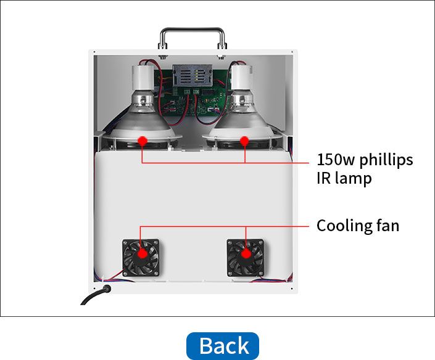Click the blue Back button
pyautogui.click(x=222, y=346)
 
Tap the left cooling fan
pyautogui.click(x=141, y=258)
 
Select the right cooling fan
pyautogui.click(x=246, y=258)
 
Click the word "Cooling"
pyautogui.click(x=344, y=226)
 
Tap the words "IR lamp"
pyautogui.click(x=344, y=179)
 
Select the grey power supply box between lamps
pyautogui.click(x=191, y=75)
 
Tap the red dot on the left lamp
pyautogui.click(x=142, y=141)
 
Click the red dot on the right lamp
pyautogui.click(x=244, y=141)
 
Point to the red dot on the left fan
pyautogui.click(x=141, y=252)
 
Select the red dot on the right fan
pyautogui.click(x=246, y=252)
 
